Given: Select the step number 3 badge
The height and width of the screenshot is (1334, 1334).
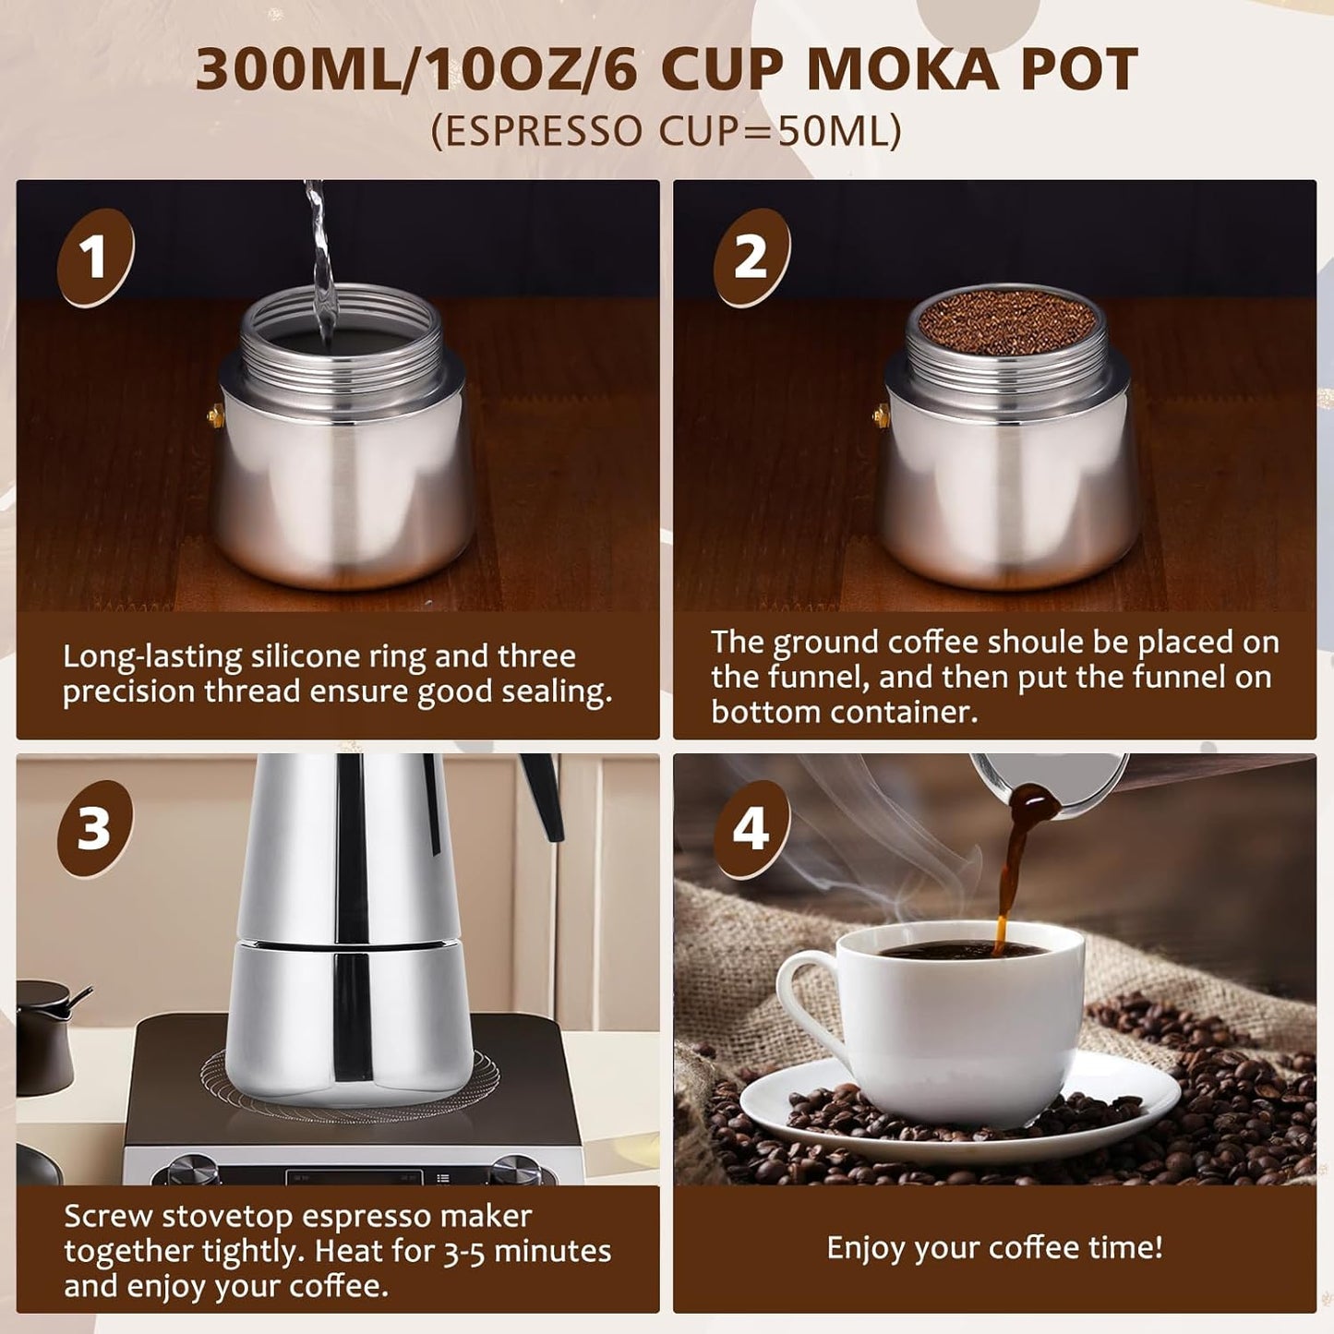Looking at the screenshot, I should pyautogui.click(x=94, y=828).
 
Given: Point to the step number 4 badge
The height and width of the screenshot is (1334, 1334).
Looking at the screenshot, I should pyautogui.click(x=751, y=828).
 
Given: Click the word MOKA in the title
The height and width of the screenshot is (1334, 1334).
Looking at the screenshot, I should pyautogui.click(x=901, y=69).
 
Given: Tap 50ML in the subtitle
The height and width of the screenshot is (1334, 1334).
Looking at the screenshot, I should pyautogui.click(x=826, y=131).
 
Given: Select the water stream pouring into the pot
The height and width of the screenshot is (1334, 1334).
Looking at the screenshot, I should pyautogui.click(x=319, y=258).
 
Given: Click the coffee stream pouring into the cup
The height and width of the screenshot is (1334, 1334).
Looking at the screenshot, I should pyautogui.click(x=1007, y=886).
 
